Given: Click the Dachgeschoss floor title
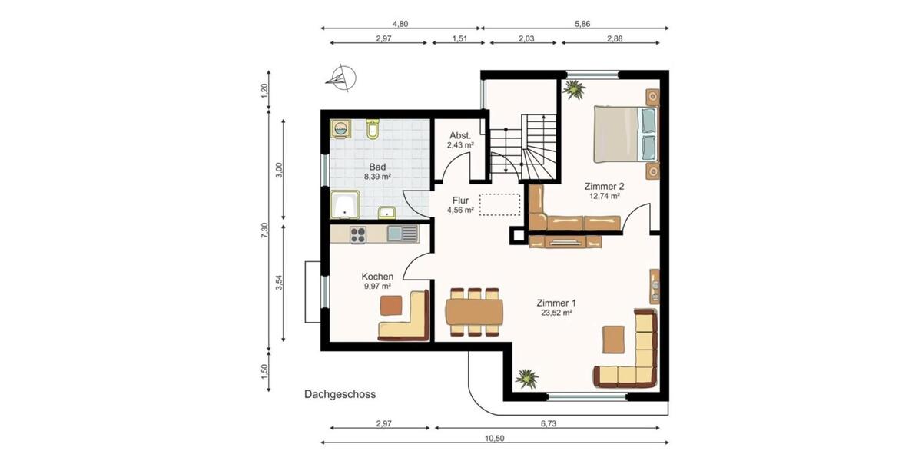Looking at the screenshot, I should (x=339, y=395).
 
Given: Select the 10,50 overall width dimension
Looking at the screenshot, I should (x=495, y=437).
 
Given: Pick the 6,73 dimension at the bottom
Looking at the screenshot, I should (x=547, y=423).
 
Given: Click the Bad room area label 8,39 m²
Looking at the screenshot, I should (x=377, y=176).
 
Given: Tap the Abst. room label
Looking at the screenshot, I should (x=460, y=136).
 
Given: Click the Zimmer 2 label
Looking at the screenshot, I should (x=604, y=186).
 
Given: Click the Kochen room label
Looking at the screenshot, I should (x=377, y=277).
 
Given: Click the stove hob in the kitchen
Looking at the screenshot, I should (x=358, y=233).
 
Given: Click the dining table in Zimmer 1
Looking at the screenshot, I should (x=474, y=312).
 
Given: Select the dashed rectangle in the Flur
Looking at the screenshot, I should (x=499, y=205).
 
